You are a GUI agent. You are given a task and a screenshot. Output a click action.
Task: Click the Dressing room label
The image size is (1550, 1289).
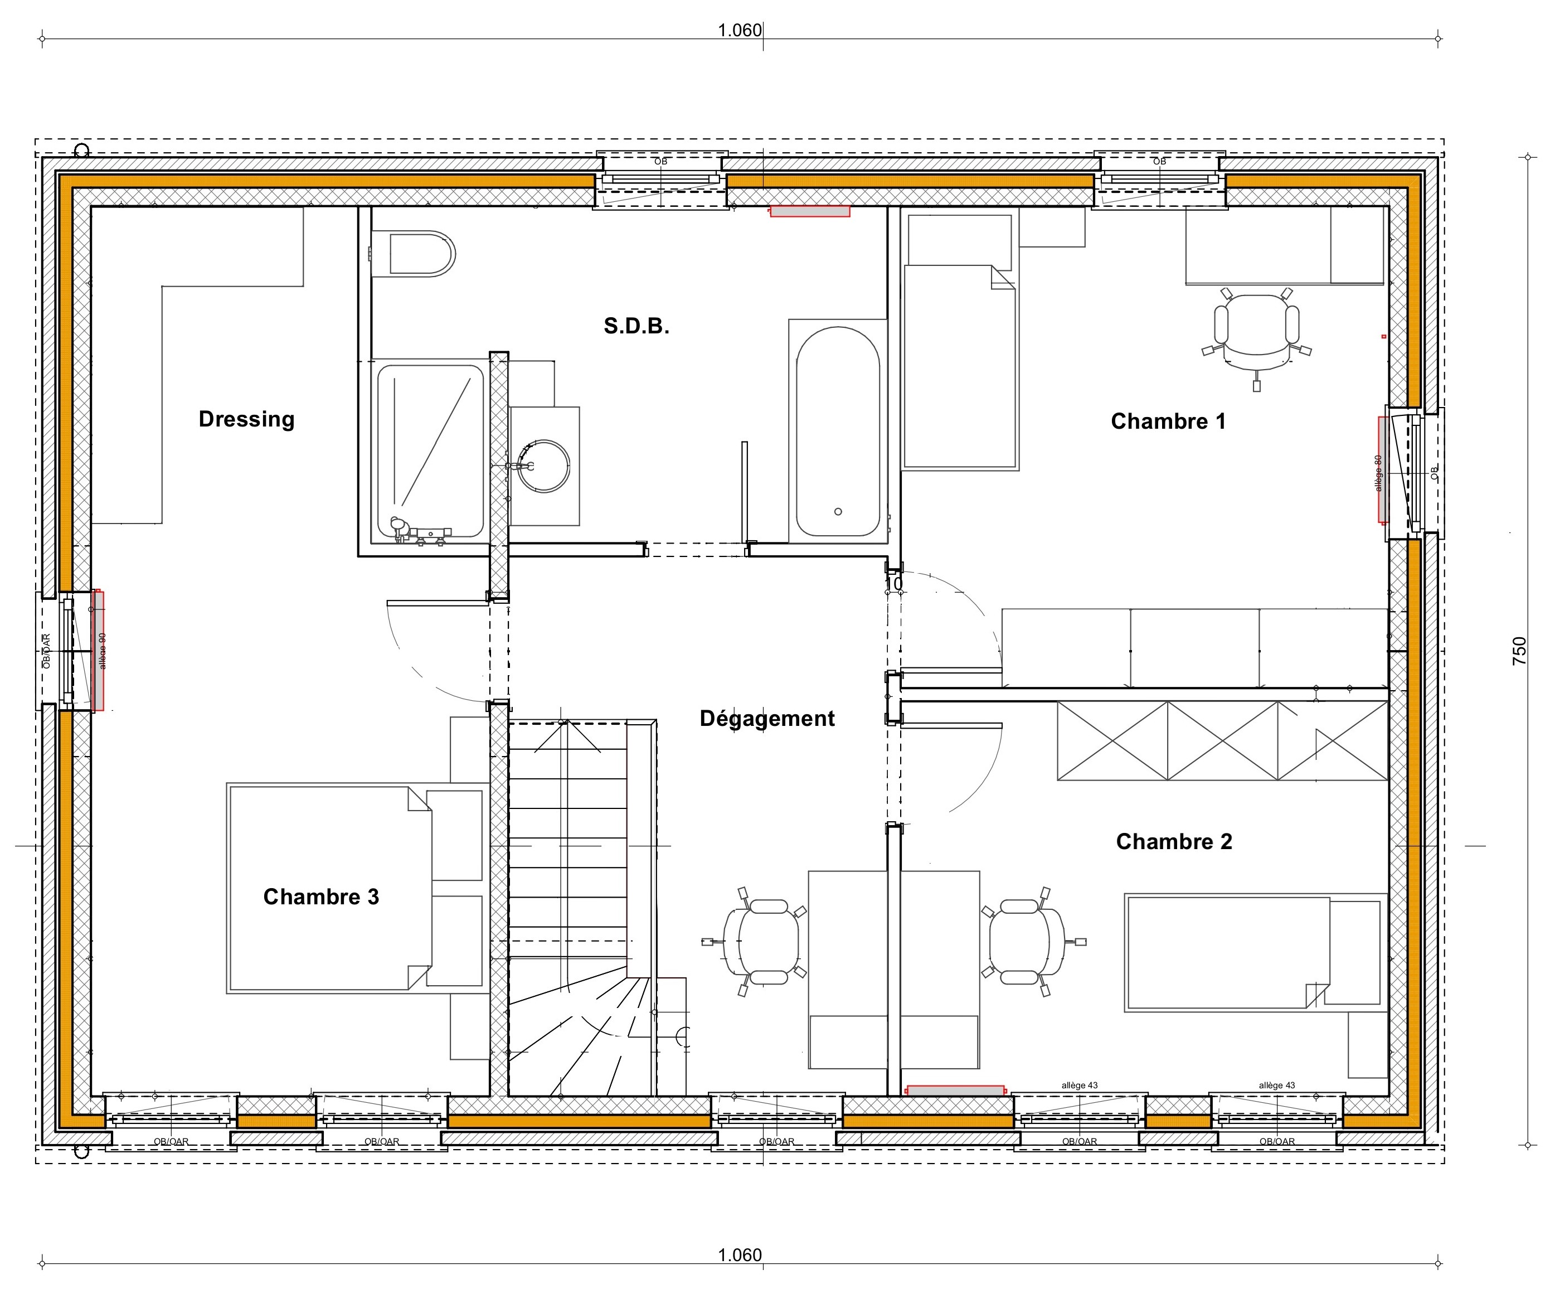pyautogui.click(x=246, y=419)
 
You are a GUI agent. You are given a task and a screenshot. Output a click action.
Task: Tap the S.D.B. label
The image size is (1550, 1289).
pyautogui.click(x=636, y=326)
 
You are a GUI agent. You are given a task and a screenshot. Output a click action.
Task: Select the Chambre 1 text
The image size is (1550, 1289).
pyautogui.click(x=1168, y=421)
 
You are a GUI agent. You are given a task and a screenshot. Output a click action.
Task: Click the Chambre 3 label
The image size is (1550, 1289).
pyautogui.click(x=321, y=897)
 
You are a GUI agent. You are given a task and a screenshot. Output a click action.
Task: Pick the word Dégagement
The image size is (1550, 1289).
pyautogui.click(x=767, y=718)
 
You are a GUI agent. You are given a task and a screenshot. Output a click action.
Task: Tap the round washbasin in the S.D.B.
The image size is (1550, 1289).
pyautogui.click(x=543, y=466)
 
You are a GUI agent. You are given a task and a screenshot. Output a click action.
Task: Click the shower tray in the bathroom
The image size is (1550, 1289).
pyautogui.click(x=431, y=450)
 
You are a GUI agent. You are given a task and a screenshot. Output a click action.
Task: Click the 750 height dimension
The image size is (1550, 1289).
pyautogui.click(x=1519, y=651)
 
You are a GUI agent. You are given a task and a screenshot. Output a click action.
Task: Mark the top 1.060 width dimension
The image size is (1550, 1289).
pyautogui.click(x=740, y=30)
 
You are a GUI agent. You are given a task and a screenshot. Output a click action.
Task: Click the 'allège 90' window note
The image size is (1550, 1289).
pyautogui.click(x=103, y=651)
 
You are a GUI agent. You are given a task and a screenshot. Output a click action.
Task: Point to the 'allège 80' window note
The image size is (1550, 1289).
pyautogui.click(x=1378, y=472)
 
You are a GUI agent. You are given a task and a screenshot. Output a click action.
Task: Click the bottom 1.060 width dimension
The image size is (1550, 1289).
pyautogui.click(x=740, y=1255)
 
